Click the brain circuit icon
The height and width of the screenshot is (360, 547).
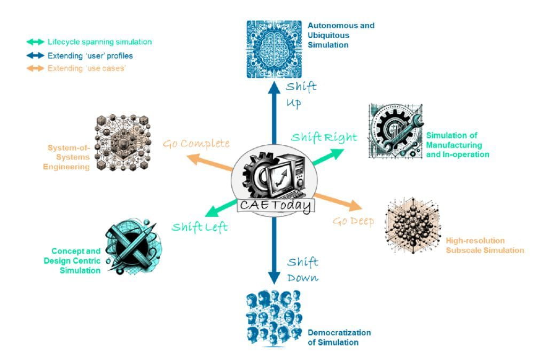point(274,49)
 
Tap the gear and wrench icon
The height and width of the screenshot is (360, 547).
point(396,131)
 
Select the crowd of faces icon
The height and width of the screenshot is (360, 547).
point(274,318)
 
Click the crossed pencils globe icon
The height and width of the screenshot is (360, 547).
point(133,246)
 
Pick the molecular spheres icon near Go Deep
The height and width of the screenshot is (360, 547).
point(413,225)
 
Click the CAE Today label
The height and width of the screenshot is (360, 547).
point(276,205)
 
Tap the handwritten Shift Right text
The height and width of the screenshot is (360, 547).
point(324,137)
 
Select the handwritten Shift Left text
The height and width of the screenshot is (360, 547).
point(200,227)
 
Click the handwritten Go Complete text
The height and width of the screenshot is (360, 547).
point(196,143)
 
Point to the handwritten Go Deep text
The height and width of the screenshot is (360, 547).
point(354,221)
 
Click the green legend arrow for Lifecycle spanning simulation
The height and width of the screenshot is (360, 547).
point(35,42)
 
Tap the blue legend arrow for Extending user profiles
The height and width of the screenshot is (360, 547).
point(35,56)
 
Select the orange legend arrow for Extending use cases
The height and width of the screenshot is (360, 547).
point(35,68)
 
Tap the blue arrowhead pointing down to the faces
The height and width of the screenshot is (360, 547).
point(274,278)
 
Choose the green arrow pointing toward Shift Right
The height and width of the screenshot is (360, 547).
point(327,156)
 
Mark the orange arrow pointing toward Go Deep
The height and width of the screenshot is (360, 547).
point(339,202)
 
